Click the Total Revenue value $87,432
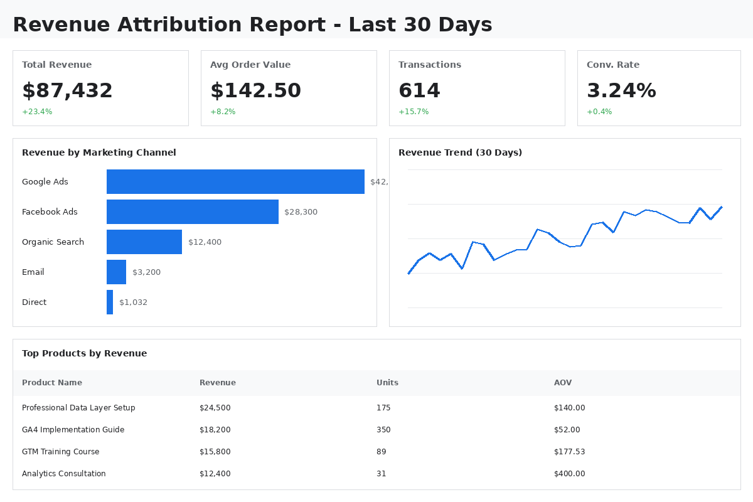click(67, 91)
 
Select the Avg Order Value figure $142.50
click(255, 91)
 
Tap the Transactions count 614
click(419, 91)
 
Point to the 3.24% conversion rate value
click(621, 91)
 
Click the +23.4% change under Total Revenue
click(37, 112)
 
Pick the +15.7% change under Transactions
click(414, 112)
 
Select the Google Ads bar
click(235, 181)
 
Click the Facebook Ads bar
click(192, 211)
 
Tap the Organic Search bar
click(144, 242)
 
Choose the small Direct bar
click(110, 302)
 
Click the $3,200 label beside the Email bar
click(146, 272)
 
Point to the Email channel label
click(33, 272)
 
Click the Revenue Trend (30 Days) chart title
click(460, 152)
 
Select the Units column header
click(387, 383)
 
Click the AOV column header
click(563, 383)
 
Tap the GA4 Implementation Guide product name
click(73, 430)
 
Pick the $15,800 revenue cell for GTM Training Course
click(215, 452)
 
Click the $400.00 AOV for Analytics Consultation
click(569, 474)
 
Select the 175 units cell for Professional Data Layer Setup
click(383, 408)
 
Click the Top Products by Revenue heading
click(84, 353)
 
